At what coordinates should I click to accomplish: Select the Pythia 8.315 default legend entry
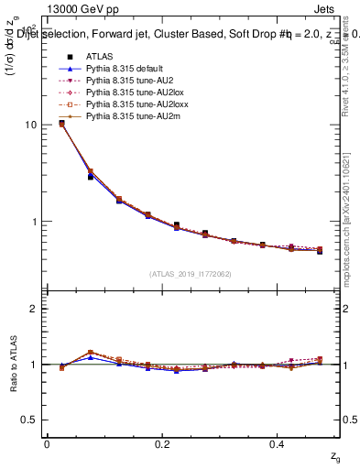(119, 69)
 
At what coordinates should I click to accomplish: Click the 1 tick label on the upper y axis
(32, 222)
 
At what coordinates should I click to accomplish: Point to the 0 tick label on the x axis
(47, 443)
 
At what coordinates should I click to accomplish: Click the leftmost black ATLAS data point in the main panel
(61, 123)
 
